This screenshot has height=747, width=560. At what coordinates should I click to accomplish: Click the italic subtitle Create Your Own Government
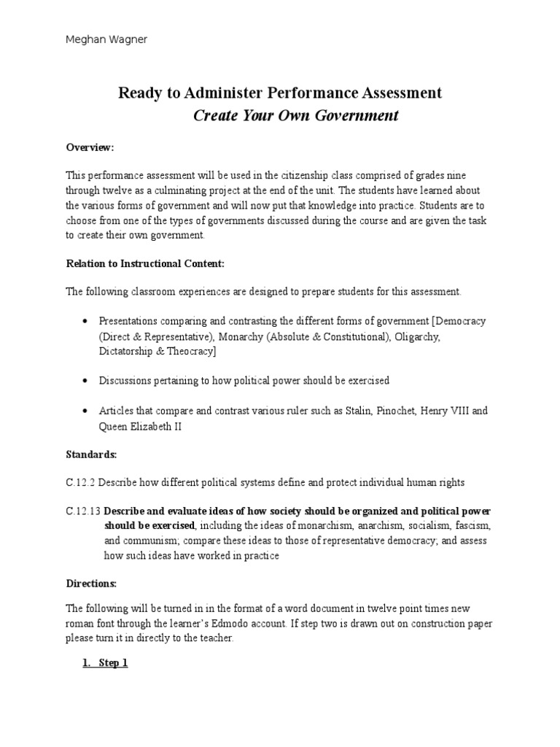(x=295, y=116)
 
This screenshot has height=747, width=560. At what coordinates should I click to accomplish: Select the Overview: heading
(x=90, y=147)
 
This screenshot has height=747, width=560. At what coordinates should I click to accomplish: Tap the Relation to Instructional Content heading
(x=140, y=263)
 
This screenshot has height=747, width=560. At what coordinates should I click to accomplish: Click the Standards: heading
(x=91, y=454)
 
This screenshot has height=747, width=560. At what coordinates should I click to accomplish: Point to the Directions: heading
(x=91, y=584)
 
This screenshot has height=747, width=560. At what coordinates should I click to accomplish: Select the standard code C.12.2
(x=81, y=482)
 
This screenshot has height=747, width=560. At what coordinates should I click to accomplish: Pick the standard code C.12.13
(x=83, y=510)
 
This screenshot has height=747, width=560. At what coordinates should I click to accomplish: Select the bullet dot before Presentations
(x=85, y=322)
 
